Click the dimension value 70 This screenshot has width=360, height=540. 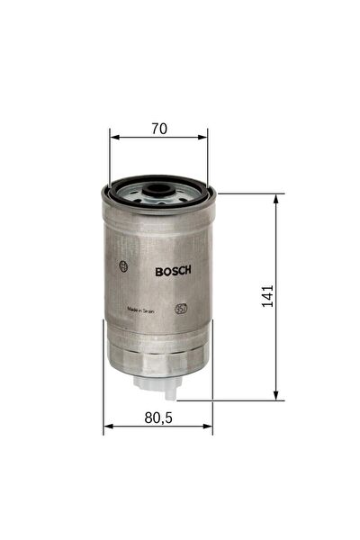coord(159,129)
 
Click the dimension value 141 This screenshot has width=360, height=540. coord(266,296)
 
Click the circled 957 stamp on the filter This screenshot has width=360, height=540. coord(181,309)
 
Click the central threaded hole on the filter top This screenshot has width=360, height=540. coord(158,190)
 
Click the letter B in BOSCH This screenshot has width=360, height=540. coord(159,269)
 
